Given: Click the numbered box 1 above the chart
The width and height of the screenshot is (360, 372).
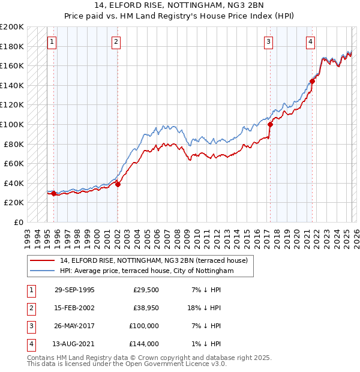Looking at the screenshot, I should click(53, 41).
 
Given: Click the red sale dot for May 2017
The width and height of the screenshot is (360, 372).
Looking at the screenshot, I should click(270, 124).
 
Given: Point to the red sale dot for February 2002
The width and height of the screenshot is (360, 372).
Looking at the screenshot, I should click(118, 184).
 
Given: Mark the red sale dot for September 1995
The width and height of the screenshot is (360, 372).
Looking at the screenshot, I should click(54, 193).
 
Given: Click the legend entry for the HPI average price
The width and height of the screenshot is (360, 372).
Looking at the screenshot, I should click(149, 271).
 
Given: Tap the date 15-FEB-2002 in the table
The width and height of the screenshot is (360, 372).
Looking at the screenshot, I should click(74, 308).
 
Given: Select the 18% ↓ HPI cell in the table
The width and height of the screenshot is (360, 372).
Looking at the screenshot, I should click(207, 308).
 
